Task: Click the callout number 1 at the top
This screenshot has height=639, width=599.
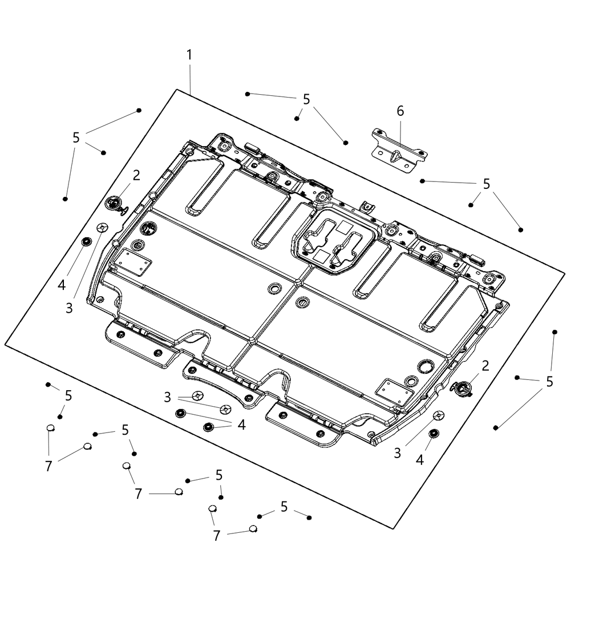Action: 189,55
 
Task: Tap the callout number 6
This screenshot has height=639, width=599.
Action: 400,111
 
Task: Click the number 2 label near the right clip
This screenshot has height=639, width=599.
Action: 485,366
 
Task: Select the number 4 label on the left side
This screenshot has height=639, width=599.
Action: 62,285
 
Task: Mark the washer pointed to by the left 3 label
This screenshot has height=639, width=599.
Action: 102,227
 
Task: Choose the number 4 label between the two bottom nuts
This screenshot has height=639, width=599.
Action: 241,425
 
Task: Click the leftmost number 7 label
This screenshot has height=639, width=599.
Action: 48,466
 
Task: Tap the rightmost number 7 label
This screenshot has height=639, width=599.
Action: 217,536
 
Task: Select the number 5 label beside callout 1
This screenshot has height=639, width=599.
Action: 306,99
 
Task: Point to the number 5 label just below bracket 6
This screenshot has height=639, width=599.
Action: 486,184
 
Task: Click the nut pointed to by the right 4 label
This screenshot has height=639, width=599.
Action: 434,434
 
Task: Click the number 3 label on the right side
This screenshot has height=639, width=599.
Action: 398,453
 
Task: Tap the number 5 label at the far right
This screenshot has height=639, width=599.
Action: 549,382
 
